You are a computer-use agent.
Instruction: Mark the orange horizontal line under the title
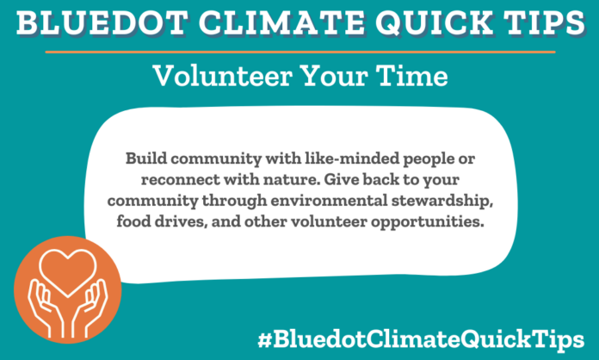click(x=299, y=50)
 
